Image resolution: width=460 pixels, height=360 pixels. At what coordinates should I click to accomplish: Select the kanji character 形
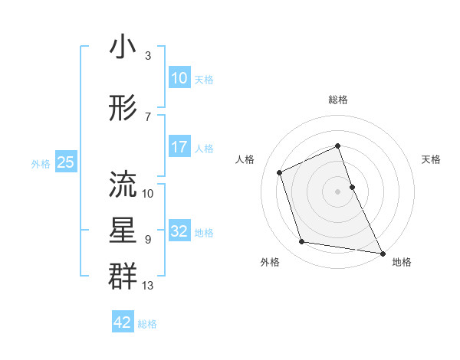[x=123, y=110]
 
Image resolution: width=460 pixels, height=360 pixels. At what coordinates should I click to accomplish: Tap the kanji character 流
[x=123, y=182]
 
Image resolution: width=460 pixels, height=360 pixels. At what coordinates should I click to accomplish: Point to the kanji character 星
[x=123, y=231]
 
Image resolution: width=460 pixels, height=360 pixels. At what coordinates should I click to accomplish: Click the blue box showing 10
[x=179, y=78]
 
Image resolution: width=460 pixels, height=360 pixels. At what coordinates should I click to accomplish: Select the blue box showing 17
[x=179, y=147]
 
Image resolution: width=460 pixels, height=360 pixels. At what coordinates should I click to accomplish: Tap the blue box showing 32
[x=179, y=231]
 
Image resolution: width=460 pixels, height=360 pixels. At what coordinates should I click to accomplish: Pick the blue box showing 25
[x=65, y=162]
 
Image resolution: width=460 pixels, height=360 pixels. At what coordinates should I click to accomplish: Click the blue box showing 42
[x=123, y=322]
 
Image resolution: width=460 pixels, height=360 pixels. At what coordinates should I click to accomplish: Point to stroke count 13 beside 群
[x=148, y=286]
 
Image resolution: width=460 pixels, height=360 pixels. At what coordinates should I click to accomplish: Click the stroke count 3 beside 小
[x=148, y=57]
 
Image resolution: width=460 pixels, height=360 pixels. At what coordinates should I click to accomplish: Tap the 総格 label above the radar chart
[x=338, y=100]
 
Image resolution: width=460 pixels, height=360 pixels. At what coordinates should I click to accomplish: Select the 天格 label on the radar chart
[x=432, y=159]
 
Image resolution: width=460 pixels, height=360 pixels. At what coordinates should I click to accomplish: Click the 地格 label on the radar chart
[x=402, y=263]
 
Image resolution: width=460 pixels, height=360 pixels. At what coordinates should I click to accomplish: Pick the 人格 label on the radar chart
[x=245, y=159]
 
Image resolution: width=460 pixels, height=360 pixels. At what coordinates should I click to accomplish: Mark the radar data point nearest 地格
[x=382, y=252]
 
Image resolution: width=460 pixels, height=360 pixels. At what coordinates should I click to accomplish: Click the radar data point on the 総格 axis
[x=338, y=146]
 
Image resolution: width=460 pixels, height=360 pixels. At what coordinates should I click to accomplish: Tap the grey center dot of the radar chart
[x=338, y=191]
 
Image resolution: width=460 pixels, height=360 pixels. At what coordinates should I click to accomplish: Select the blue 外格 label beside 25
[x=41, y=163]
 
